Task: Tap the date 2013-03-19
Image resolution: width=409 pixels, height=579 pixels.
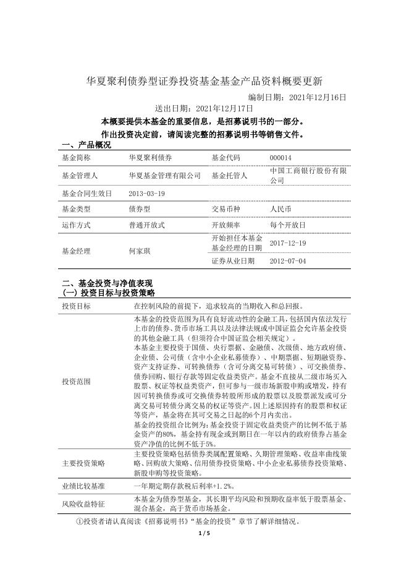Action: (x=147, y=193)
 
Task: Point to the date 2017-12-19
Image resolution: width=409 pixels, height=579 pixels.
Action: (x=288, y=243)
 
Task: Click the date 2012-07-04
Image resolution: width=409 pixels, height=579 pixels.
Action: (x=288, y=261)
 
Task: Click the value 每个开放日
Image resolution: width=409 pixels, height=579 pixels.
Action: (x=288, y=225)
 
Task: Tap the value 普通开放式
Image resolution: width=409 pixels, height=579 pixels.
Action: (x=147, y=225)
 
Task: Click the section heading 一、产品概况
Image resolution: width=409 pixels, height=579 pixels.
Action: (x=86, y=145)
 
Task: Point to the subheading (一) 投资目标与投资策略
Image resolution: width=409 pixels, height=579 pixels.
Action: (x=109, y=292)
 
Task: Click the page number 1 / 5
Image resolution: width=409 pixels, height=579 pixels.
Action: (x=204, y=533)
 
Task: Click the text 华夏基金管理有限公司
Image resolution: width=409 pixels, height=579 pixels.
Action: (x=165, y=176)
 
